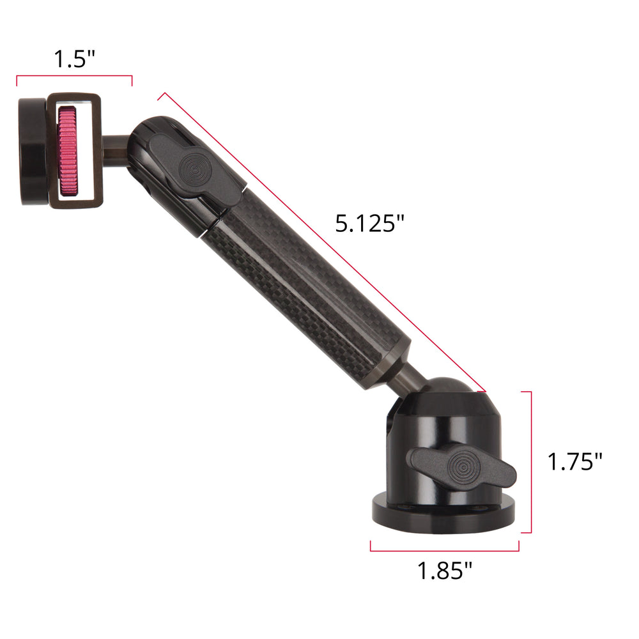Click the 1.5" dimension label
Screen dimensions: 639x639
click(74, 59)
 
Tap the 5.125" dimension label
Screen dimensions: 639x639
click(369, 223)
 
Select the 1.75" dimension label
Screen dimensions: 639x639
click(574, 462)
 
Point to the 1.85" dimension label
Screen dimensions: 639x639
click(445, 570)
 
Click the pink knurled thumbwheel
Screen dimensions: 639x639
click(68, 151)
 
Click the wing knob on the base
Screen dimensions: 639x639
click(463, 468)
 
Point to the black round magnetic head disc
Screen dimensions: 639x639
click(33, 151)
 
